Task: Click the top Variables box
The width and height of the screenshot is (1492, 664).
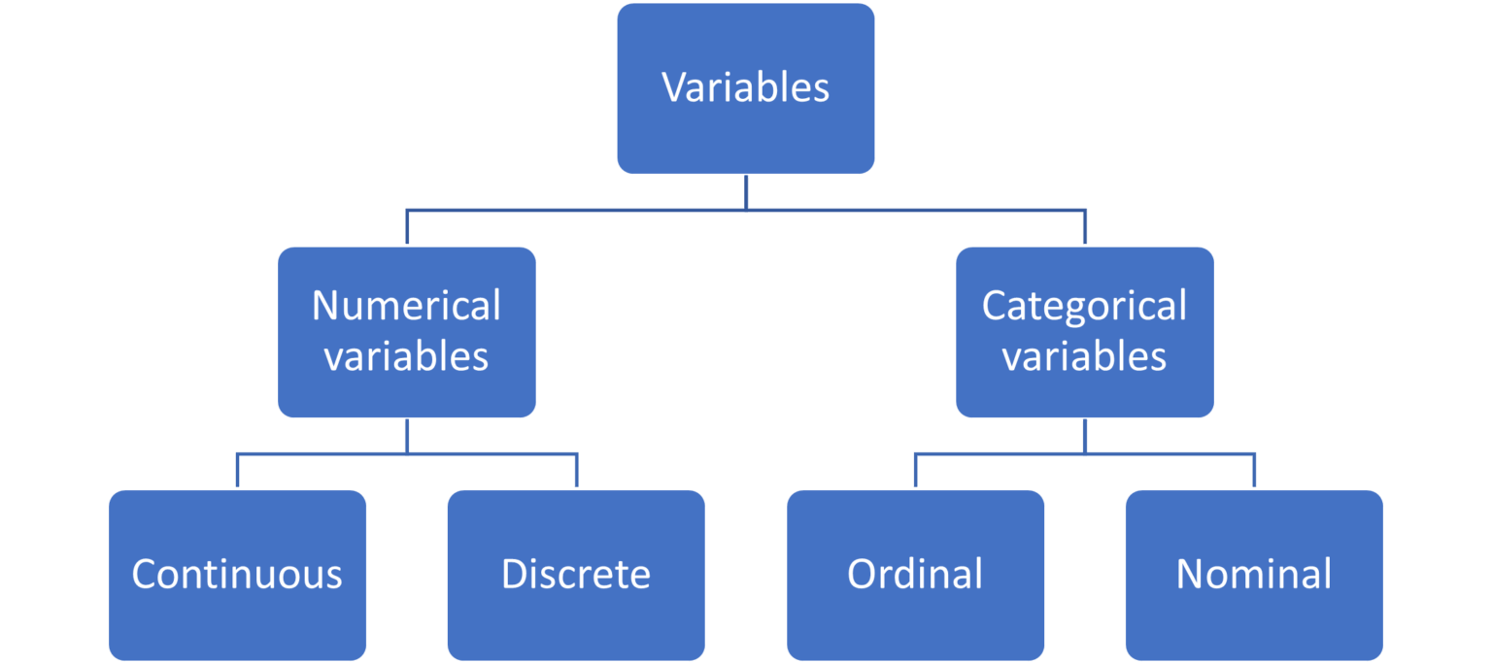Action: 746,88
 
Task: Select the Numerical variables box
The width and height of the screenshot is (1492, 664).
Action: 406,331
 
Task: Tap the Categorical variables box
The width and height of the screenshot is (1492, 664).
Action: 1084,331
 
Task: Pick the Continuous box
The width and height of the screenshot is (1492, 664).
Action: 237,574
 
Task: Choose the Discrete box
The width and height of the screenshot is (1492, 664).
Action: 576,574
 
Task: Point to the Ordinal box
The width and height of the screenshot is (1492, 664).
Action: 915,574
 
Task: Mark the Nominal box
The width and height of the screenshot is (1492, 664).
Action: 1254,574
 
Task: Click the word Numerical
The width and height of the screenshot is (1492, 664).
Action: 406,306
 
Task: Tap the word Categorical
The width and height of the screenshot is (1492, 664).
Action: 1084,306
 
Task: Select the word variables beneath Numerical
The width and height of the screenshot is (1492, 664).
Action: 406,356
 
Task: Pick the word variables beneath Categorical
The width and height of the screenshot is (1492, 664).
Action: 1084,356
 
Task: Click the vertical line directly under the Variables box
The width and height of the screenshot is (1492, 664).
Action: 746,192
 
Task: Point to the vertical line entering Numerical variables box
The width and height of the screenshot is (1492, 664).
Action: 407,227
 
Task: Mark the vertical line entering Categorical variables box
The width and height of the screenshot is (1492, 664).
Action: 1085,227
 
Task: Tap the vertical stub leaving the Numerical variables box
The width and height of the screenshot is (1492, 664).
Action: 406,436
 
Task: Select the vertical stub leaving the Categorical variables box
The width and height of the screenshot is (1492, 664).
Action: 1084,436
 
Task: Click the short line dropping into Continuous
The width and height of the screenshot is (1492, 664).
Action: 237,471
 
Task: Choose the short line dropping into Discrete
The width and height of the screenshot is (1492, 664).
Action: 577,471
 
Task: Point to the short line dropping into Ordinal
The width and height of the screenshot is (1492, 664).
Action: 915,471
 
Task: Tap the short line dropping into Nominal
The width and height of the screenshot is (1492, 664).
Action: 1254,471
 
